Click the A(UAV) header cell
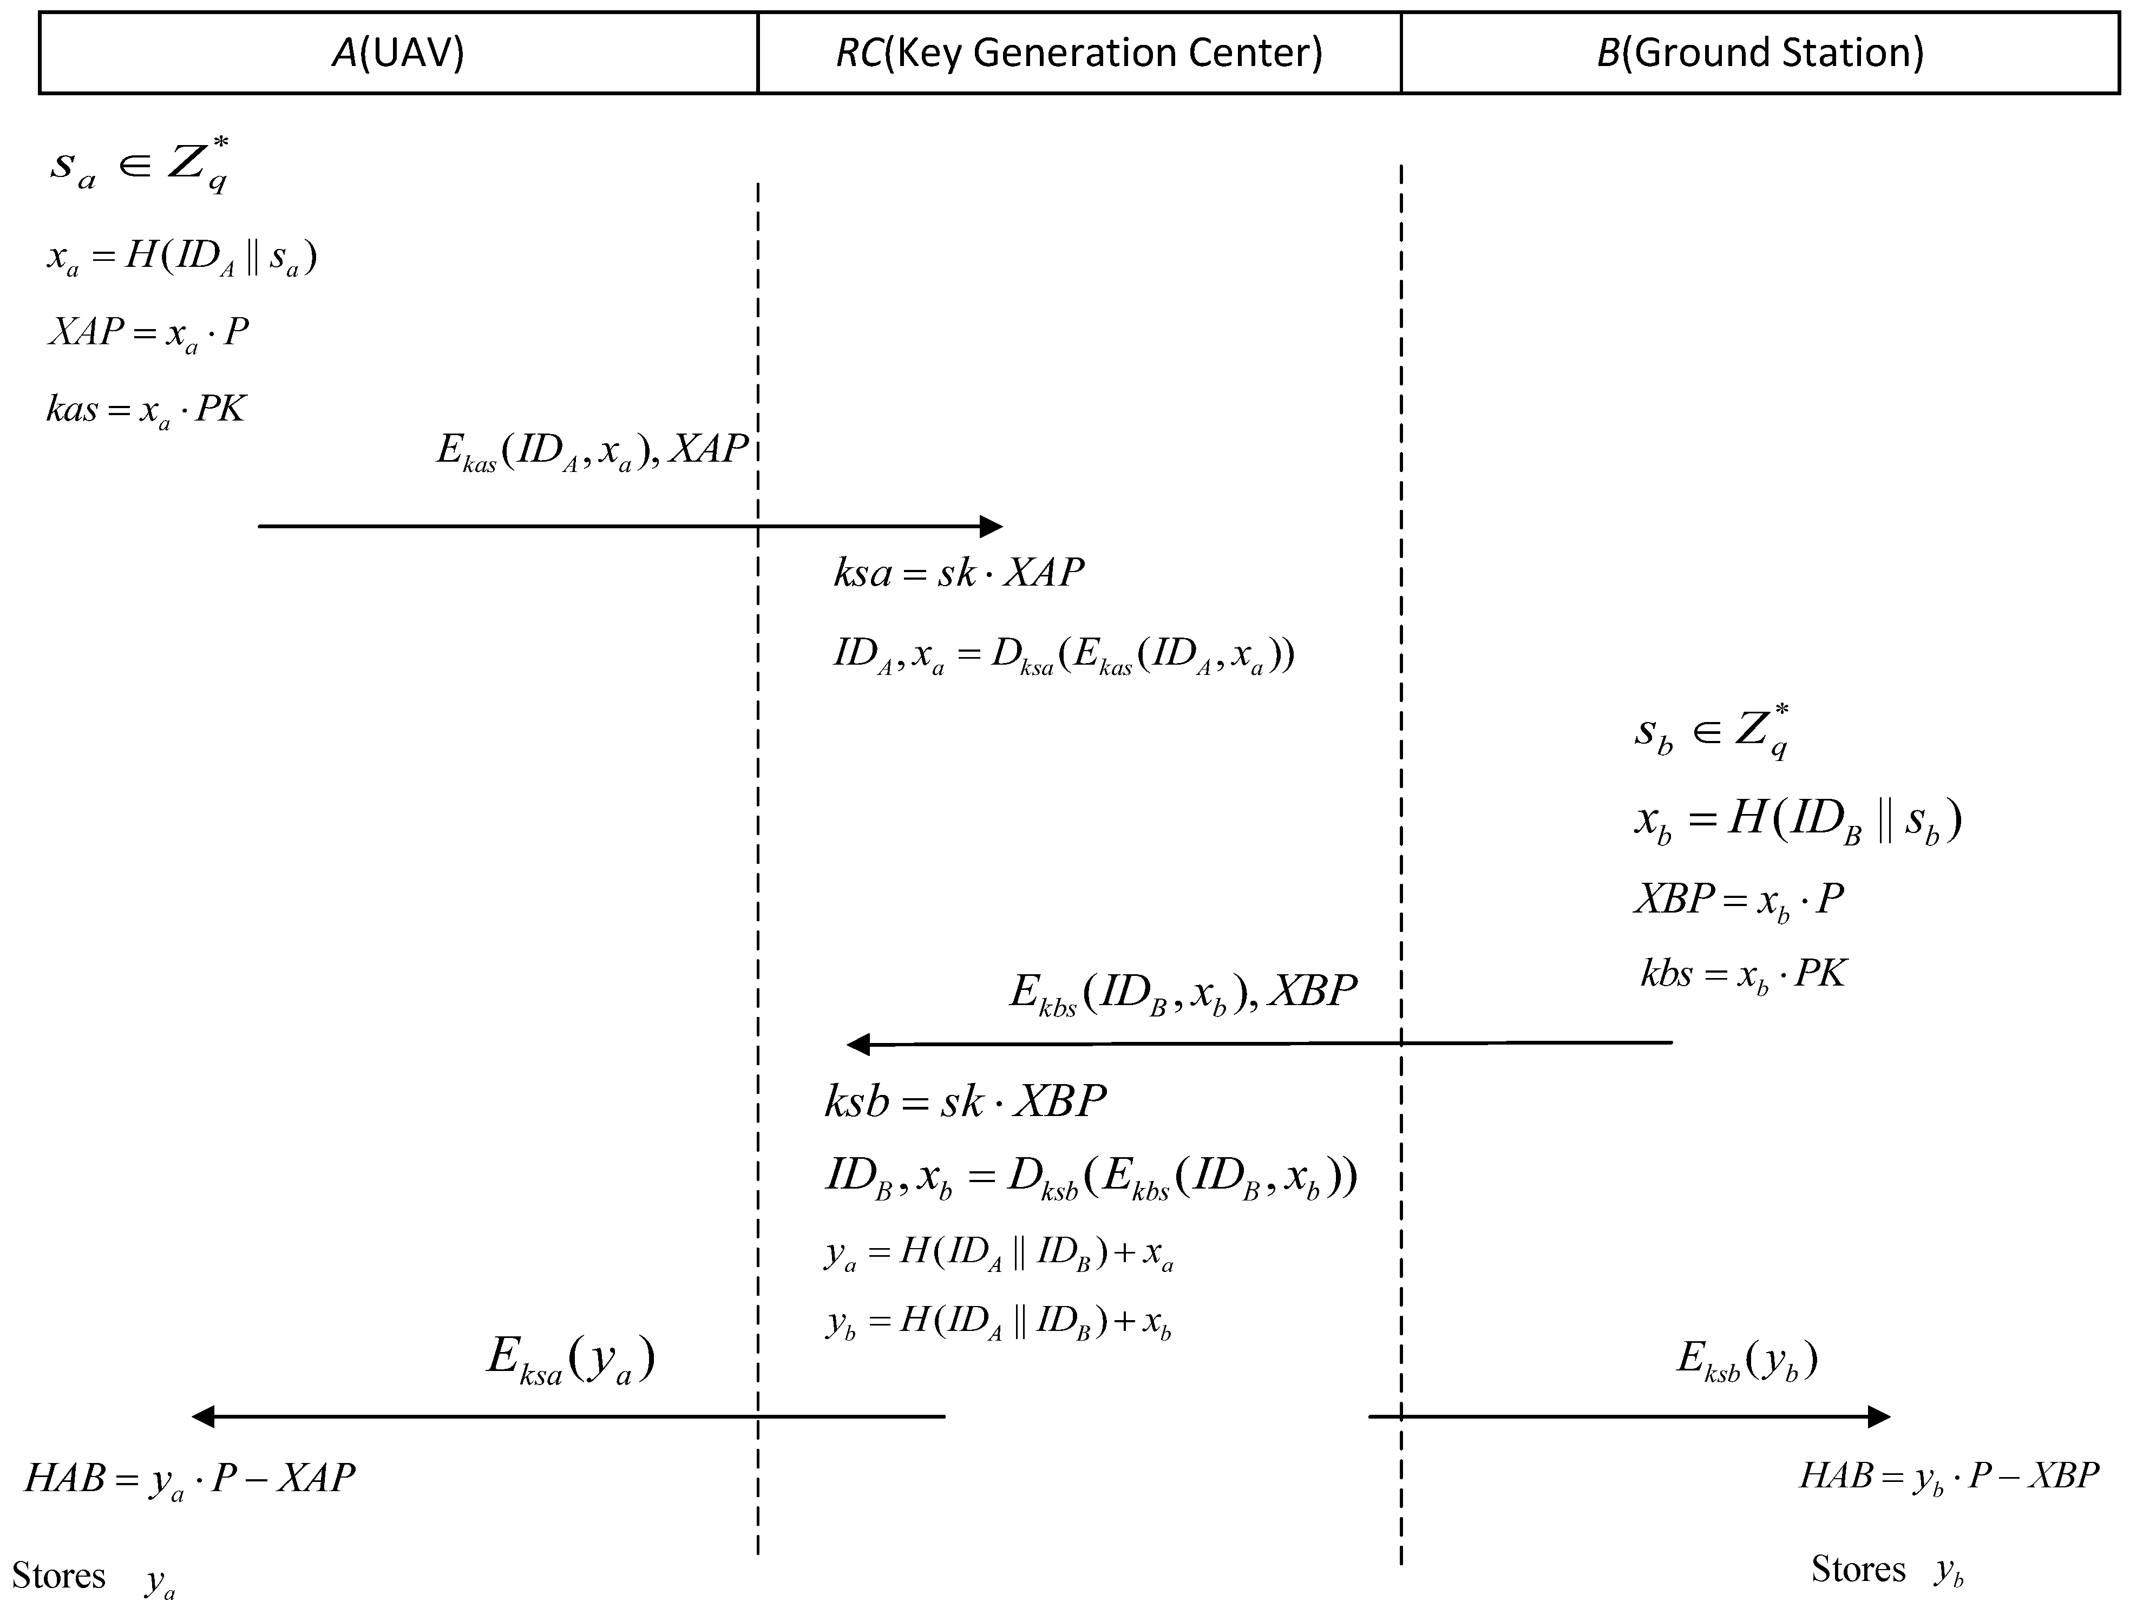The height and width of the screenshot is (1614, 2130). coord(398,53)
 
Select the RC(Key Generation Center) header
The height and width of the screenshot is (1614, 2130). coord(1078,53)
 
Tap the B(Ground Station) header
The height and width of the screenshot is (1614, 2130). coord(1760,53)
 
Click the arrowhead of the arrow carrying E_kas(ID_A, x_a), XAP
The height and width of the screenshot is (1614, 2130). coord(992,526)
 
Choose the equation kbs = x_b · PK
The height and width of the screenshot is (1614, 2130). coord(1743,975)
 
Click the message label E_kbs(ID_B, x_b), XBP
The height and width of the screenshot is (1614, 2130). coord(1183,993)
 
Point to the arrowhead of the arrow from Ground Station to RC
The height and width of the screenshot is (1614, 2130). coord(857,1044)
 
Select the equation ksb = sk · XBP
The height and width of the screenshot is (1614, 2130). coord(965,1101)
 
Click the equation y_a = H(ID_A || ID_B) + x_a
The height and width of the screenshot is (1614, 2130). coord(999,1254)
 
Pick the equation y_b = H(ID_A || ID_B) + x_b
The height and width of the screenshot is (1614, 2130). coord(999,1321)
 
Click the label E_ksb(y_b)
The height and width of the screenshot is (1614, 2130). coord(1747,1360)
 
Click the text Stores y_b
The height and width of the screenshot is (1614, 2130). coord(1885,1570)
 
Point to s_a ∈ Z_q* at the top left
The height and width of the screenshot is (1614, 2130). coord(140,163)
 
